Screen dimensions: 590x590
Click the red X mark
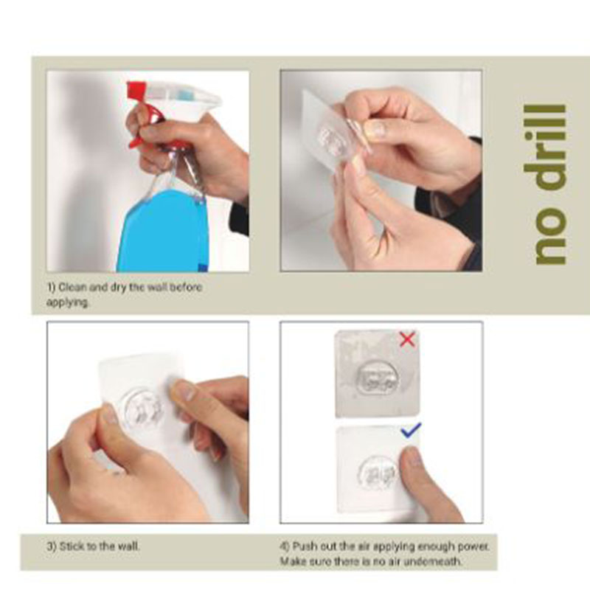(x=407, y=339)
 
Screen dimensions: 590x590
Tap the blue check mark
(x=411, y=431)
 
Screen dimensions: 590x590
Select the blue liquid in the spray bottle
(x=162, y=230)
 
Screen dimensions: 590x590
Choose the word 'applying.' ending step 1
(x=68, y=303)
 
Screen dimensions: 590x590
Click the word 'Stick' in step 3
(x=72, y=546)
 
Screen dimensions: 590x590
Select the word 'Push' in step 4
(x=305, y=546)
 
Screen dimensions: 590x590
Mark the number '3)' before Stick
(x=52, y=546)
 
